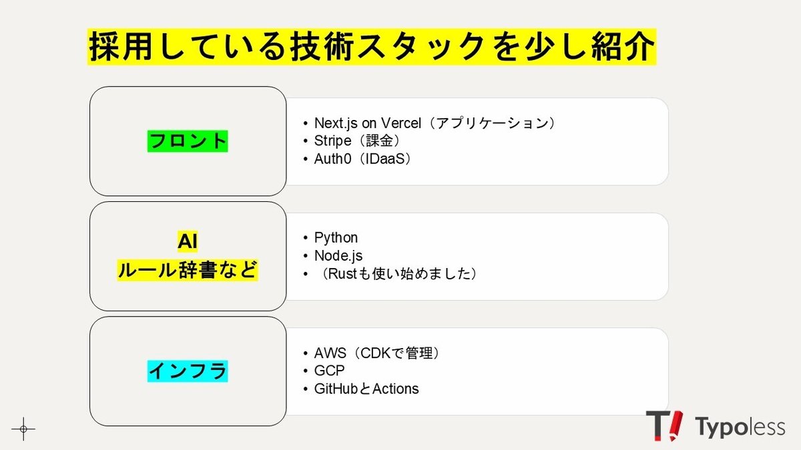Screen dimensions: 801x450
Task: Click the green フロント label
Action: [x=188, y=141]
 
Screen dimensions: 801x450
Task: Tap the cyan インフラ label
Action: [x=188, y=371]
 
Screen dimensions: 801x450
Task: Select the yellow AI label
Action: [x=188, y=241]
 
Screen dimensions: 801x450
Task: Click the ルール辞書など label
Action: [x=188, y=270]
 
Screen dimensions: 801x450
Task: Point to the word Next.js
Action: [x=335, y=123]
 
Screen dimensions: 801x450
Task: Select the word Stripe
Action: [x=332, y=141]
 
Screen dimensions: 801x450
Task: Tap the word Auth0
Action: [x=332, y=159]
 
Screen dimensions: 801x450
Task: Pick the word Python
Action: [x=336, y=238]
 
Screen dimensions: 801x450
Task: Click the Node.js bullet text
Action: [x=338, y=256]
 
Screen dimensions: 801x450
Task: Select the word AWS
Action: [x=330, y=353]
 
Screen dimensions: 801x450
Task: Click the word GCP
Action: [x=329, y=371]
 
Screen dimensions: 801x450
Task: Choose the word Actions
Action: [x=395, y=389]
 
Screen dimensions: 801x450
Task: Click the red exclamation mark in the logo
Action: [x=675, y=425]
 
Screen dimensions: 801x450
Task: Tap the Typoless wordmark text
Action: [x=740, y=427]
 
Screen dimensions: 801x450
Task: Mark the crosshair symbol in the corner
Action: [x=23, y=429]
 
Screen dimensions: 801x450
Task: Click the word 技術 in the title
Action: [x=322, y=47]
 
